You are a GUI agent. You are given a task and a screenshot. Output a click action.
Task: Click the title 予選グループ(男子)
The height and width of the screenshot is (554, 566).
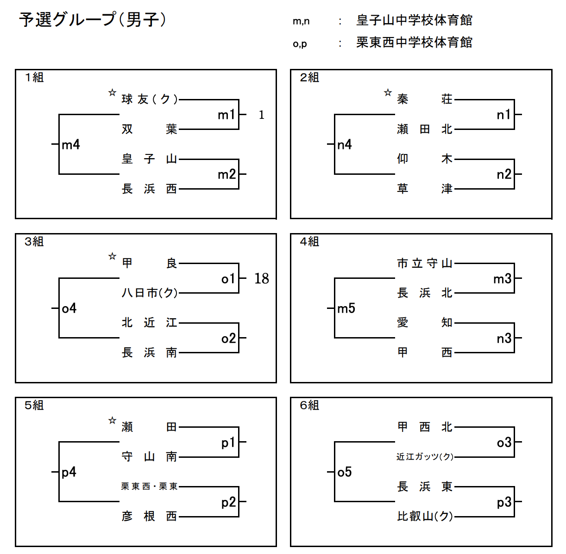tap(92, 20)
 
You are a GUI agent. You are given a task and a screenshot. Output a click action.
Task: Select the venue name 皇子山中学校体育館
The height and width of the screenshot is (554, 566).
tap(414, 20)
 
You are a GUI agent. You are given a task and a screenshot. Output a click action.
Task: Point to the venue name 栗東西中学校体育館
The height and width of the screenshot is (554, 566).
tap(414, 43)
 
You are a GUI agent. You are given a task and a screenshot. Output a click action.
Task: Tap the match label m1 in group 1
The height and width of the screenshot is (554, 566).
tap(226, 115)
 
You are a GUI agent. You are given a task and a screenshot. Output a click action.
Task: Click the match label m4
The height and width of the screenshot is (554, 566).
tap(71, 145)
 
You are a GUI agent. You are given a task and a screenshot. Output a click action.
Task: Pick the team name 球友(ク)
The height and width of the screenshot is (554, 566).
tap(149, 99)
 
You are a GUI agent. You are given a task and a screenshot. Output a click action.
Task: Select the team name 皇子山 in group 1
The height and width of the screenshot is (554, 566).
tap(149, 159)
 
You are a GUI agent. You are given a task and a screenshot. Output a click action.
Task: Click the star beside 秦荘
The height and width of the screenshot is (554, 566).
tap(388, 93)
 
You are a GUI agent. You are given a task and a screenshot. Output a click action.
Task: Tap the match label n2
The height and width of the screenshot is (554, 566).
tap(504, 174)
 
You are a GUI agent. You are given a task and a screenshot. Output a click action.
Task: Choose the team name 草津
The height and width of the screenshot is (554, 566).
tap(424, 189)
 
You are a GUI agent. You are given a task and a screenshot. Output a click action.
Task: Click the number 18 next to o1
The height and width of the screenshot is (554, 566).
tap(261, 278)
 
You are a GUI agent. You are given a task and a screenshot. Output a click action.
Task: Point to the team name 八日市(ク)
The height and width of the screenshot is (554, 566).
tap(149, 293)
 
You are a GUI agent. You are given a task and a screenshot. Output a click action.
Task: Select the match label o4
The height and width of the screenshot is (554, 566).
tap(69, 308)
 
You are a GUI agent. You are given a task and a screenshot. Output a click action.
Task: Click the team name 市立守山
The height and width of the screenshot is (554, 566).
tap(424, 264)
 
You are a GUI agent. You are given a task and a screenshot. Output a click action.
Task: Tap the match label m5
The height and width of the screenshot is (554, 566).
tap(346, 308)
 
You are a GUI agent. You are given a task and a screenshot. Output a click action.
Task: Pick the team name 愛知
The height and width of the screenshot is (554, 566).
tap(424, 323)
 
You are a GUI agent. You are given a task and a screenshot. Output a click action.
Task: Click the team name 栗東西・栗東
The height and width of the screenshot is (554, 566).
tap(149, 486)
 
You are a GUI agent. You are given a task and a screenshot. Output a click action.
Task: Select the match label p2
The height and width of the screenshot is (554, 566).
tap(228, 502)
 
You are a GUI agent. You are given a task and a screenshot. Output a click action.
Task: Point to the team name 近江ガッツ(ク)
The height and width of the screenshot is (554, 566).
tap(424, 457)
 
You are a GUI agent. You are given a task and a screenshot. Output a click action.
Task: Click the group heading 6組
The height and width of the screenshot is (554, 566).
tap(309, 406)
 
